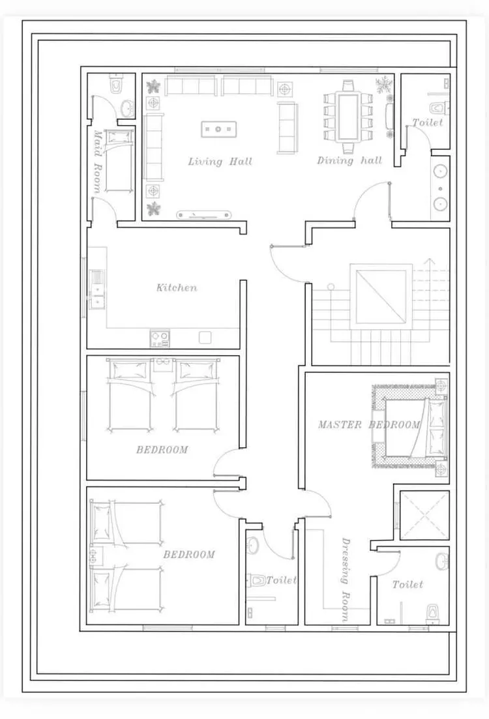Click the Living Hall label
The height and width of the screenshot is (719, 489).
220,162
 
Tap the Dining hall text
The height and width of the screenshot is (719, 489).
349,160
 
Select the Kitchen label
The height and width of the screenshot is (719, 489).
177,288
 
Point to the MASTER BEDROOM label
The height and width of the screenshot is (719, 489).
369,425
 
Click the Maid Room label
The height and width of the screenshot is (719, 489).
97,161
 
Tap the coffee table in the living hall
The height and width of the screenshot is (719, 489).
219,129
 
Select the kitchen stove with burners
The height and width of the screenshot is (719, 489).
160,338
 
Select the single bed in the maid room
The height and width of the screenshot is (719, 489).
119,160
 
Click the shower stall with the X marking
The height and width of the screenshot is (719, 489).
424,515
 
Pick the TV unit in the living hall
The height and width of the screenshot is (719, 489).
204,214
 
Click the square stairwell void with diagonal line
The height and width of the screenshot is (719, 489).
381,296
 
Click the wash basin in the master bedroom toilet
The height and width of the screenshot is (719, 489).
441,561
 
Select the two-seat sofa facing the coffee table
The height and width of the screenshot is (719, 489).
287,128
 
